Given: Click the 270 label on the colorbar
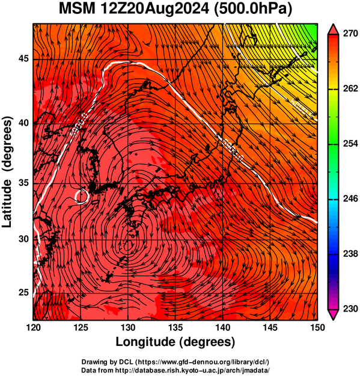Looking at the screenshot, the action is pyautogui.click(x=350, y=34).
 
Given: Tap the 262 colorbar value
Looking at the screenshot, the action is pyautogui.click(x=350, y=88).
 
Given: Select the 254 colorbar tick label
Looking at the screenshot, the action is pyautogui.click(x=350, y=144).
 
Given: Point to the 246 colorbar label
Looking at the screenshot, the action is pyautogui.click(x=350, y=199).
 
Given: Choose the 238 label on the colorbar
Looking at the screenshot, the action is pyautogui.click(x=350, y=254).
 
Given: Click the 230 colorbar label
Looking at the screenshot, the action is pyautogui.click(x=350, y=309).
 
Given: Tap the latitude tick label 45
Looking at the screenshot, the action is pyautogui.click(x=23, y=58).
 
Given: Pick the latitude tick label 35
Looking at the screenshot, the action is pyautogui.click(x=23, y=183).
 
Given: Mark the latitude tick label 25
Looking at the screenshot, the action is pyautogui.click(x=23, y=292).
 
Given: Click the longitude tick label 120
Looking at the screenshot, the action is pyautogui.click(x=33, y=327).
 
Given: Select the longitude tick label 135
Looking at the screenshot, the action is pyautogui.click(x=175, y=327).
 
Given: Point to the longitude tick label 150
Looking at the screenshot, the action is pyautogui.click(x=317, y=327).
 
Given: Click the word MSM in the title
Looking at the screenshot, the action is pyautogui.click(x=77, y=9).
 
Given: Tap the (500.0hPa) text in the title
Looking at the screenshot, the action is pyautogui.click(x=253, y=10).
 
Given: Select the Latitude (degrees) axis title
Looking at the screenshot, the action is pyautogui.click(x=7, y=171).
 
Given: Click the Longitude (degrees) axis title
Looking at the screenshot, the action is pyautogui.click(x=175, y=342).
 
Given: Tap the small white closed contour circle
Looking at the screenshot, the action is pyautogui.click(x=81, y=196).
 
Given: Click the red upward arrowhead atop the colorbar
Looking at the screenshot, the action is pyautogui.click(x=334, y=29).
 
